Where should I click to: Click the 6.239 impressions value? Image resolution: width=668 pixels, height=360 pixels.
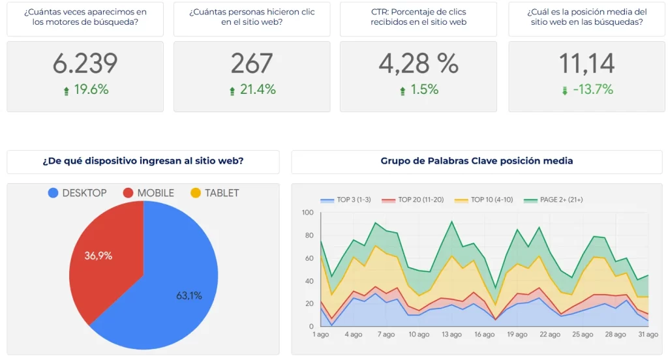[85, 63]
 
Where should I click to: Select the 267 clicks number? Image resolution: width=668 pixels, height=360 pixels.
[252, 63]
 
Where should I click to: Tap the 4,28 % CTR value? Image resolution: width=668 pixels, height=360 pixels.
[418, 63]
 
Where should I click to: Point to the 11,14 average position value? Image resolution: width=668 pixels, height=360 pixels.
[586, 63]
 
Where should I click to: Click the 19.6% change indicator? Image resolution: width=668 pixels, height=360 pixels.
[85, 90]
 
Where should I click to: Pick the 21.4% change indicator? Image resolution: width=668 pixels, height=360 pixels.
[252, 90]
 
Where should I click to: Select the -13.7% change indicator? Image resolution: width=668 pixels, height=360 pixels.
[586, 90]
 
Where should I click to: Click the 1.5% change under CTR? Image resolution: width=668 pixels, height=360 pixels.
[419, 90]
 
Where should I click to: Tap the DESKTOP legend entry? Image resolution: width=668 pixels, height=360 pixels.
[77, 193]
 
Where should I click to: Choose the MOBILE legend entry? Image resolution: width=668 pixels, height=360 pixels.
[148, 193]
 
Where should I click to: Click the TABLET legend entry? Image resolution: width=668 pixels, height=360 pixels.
[215, 193]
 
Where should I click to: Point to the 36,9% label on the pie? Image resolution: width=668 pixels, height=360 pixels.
[99, 256]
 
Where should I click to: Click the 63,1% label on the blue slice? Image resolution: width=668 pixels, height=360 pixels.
[189, 295]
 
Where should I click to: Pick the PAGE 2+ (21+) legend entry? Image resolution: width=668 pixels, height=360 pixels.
[554, 200]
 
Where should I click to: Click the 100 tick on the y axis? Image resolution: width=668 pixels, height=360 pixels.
[307, 213]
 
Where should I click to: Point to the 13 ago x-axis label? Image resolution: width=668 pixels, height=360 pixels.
[451, 335]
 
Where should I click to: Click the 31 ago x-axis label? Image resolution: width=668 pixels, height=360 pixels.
[648, 335]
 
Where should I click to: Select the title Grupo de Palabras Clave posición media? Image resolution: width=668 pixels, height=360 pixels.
[476, 161]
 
